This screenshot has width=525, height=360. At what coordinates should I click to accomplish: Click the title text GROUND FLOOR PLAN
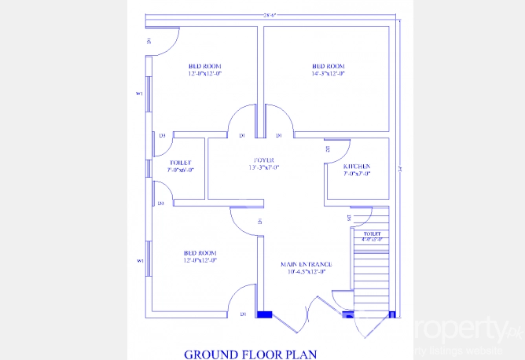[250, 354]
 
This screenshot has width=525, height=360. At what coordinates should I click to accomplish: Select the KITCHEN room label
[357, 167]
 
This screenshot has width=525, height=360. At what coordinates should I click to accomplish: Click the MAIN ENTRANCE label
[307, 264]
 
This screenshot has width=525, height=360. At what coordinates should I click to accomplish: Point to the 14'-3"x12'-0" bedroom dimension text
[328, 73]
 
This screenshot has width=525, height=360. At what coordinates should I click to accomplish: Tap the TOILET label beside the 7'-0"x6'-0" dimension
[180, 163]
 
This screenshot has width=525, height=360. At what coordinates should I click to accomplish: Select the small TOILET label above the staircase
[372, 234]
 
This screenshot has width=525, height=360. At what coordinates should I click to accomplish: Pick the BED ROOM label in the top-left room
[204, 66]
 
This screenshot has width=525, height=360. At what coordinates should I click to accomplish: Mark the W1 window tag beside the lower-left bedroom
[139, 261]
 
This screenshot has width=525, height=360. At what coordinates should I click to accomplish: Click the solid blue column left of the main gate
[264, 314]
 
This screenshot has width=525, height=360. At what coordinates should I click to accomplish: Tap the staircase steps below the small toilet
[369, 275]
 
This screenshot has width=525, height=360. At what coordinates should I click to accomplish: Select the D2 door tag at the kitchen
[327, 149]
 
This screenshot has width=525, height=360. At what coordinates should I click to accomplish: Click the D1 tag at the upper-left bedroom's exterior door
[148, 40]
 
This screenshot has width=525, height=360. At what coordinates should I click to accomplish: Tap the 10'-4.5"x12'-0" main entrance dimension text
[307, 272]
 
